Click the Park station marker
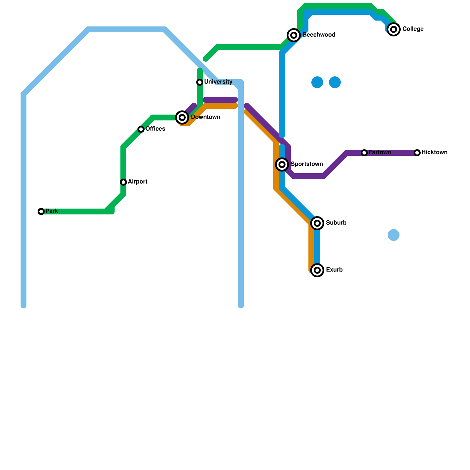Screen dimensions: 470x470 coord(41,211)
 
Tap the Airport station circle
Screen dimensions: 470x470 coord(123,182)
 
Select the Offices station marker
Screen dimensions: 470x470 coord(141,129)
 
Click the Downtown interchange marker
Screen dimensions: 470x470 coord(182,117)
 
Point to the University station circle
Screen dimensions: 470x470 coord(200,82)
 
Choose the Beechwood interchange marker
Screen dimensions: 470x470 coord(294,35)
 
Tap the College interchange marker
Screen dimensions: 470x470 coord(394,29)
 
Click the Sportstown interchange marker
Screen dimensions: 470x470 coord(282,164)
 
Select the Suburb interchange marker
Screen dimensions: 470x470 coord(317,223)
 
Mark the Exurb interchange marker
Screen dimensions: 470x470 coord(317,270)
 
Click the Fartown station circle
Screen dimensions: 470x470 coord(364,153)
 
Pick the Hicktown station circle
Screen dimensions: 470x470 coord(417,153)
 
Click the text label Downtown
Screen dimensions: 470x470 coord(206,117)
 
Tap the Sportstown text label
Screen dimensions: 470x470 coord(307,164)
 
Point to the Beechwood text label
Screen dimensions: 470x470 coord(319,35)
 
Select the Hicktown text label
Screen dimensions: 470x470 coord(434,152)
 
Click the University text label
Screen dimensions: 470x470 coord(218,82)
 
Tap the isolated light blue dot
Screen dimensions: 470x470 coord(394,235)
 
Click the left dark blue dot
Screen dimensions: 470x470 coord(317,82)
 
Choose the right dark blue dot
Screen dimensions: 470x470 coord(335,82)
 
